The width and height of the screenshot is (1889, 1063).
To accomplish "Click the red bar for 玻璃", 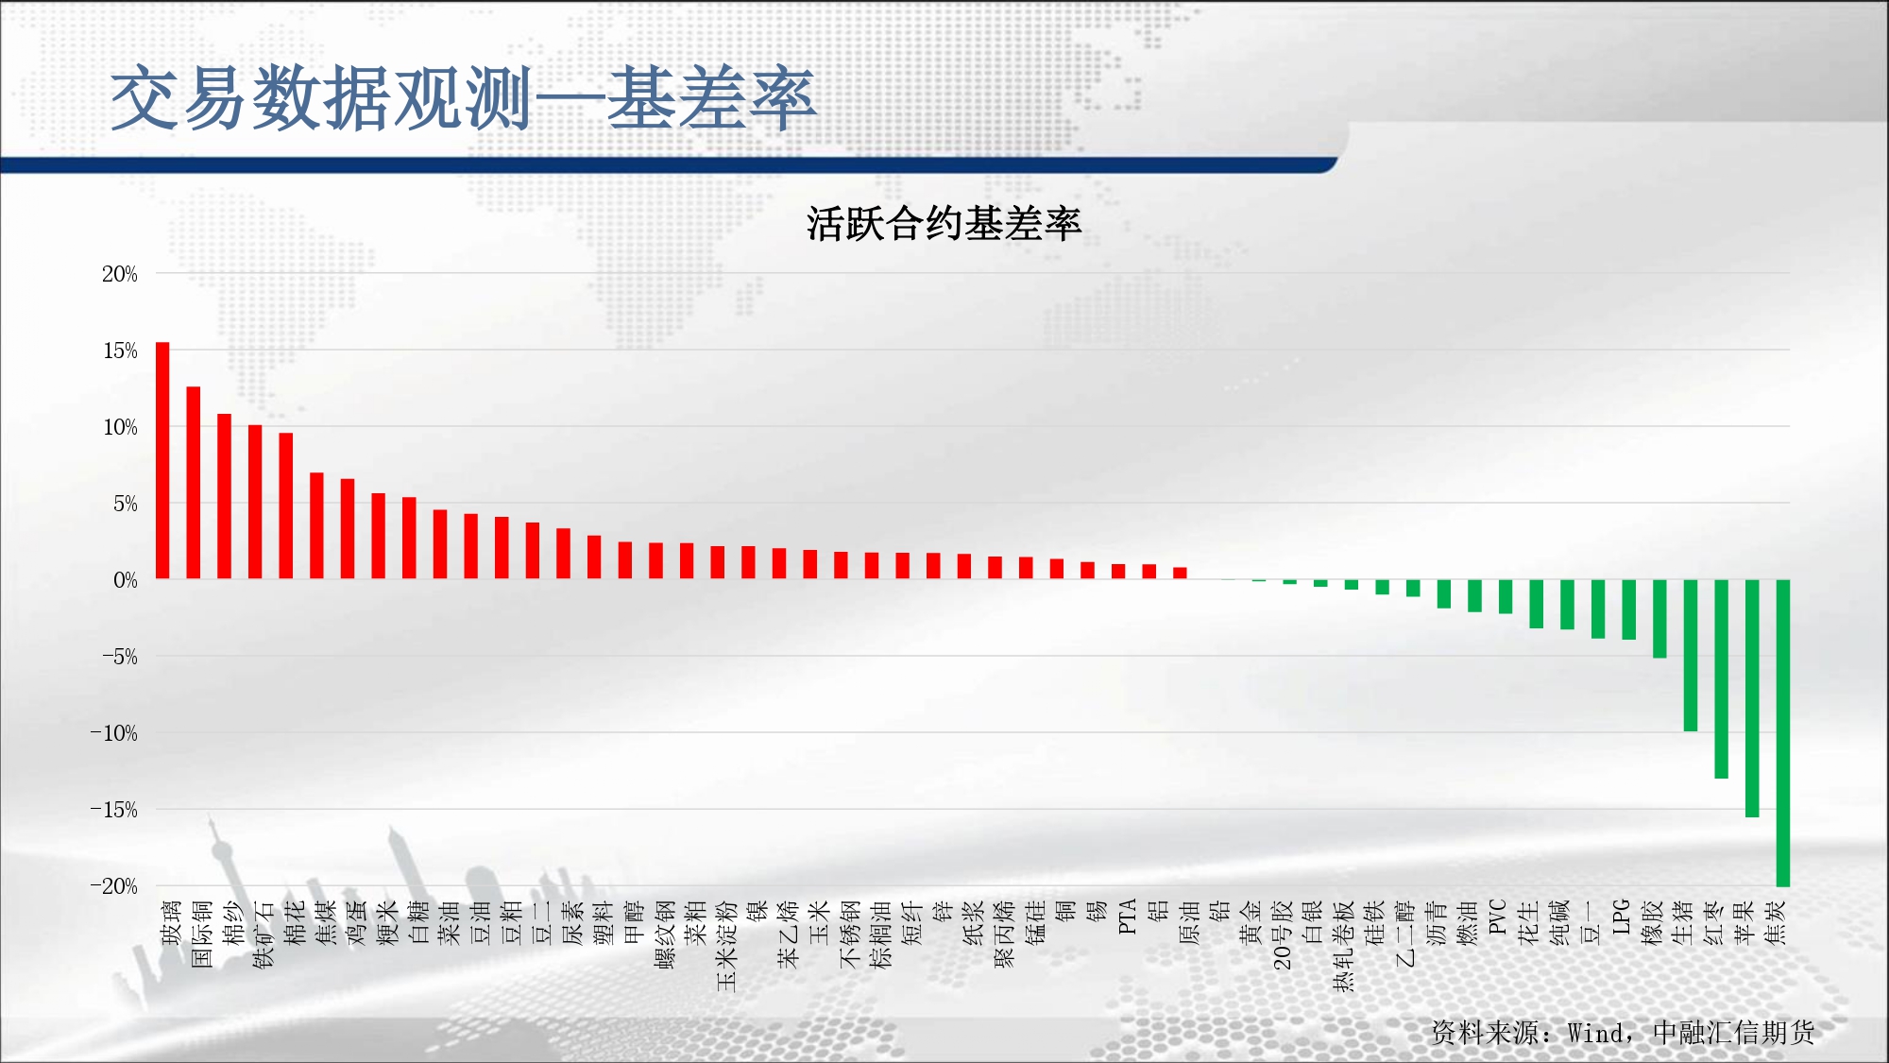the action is (162, 460).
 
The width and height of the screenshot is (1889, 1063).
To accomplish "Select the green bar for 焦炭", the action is (1783, 733).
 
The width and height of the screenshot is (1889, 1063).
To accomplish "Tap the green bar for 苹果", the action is (1752, 698).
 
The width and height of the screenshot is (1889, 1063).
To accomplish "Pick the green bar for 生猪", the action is (1691, 655).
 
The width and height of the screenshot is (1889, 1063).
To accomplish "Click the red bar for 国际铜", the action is (194, 483).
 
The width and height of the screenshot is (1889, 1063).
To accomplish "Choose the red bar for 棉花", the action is (286, 506).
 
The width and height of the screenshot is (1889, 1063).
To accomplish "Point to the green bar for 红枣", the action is (1721, 678).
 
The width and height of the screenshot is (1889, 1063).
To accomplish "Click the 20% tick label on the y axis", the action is (120, 274).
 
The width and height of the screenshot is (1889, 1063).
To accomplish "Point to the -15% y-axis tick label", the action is (114, 810).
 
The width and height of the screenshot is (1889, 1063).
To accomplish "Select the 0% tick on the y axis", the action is (126, 580).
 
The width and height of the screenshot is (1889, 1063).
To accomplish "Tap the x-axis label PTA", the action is (1127, 917).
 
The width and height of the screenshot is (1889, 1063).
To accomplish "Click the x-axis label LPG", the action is (1621, 917).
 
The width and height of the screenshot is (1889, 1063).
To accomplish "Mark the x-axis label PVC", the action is (1498, 917).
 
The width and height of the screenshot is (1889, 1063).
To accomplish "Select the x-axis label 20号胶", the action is (1282, 934).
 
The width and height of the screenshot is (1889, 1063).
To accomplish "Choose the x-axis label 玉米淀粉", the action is (726, 946).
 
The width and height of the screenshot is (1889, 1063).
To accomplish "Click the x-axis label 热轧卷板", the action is (1343, 946).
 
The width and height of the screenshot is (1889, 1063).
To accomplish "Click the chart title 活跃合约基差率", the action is (944, 224).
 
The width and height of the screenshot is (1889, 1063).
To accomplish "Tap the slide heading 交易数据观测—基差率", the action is (463, 98).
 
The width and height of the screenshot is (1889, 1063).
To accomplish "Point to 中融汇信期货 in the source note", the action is (1734, 1033).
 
